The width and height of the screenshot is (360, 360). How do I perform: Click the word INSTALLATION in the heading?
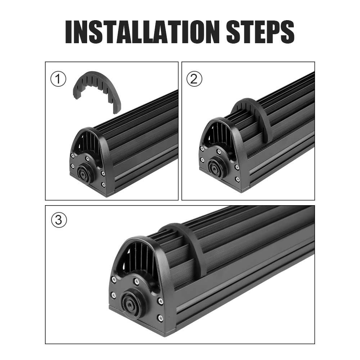[143, 32]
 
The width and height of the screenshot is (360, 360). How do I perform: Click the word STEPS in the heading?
[260, 32]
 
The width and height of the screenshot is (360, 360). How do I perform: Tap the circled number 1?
[58, 79]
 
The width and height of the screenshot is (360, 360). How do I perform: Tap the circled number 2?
[194, 79]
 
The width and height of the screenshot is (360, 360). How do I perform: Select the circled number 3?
[59, 220]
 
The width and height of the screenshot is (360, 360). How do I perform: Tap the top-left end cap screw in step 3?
[114, 279]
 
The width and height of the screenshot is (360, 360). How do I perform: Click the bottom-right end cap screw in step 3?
[160, 318]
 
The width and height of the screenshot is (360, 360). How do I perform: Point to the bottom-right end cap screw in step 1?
[103, 184]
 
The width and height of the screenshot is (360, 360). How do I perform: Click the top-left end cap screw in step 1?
[73, 156]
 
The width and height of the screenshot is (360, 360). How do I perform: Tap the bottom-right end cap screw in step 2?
[237, 179]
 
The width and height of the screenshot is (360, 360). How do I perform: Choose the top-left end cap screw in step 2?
[202, 149]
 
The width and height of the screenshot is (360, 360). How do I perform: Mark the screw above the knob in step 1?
[87, 158]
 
